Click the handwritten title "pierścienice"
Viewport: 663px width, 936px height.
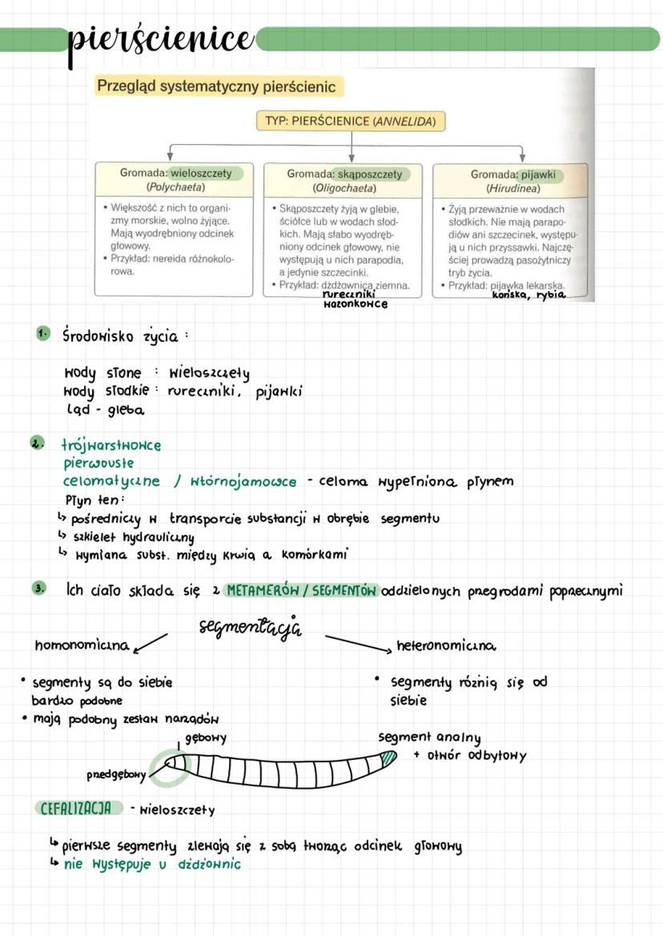click(x=160, y=37)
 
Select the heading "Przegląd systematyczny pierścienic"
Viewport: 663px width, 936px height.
click(x=215, y=86)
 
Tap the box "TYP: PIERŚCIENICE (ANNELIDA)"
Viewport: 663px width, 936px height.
click(x=351, y=122)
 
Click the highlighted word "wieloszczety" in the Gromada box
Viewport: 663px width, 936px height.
click(x=201, y=173)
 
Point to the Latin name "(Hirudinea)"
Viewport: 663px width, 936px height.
click(x=509, y=189)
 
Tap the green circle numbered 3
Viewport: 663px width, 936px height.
click(x=38, y=589)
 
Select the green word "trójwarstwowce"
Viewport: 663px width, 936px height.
click(x=111, y=445)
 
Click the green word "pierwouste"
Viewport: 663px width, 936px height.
click(x=98, y=463)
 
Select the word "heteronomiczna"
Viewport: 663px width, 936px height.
click(x=446, y=645)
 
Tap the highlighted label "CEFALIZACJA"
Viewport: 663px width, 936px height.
click(x=76, y=808)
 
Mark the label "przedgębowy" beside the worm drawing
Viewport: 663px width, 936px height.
click(x=117, y=774)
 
